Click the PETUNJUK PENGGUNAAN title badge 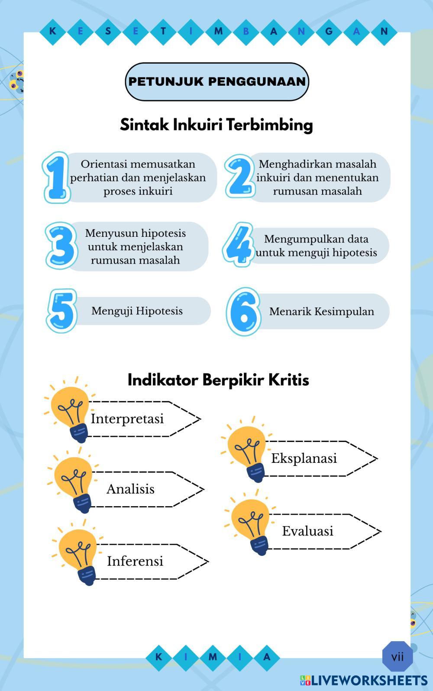(x=217, y=81)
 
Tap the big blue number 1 (x=57, y=178)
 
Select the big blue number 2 (x=240, y=176)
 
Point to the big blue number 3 (x=61, y=245)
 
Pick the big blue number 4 (x=238, y=244)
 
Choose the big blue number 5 (x=62, y=310)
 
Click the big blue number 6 (x=243, y=311)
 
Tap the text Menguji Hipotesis (x=137, y=311)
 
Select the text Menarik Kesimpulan (x=321, y=311)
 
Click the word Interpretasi (x=127, y=419)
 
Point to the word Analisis (x=130, y=489)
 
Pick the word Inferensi (x=135, y=561)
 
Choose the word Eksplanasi (x=304, y=458)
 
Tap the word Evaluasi (x=307, y=531)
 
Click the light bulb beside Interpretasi (x=70, y=411)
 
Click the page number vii (x=397, y=657)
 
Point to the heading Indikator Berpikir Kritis (x=218, y=380)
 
